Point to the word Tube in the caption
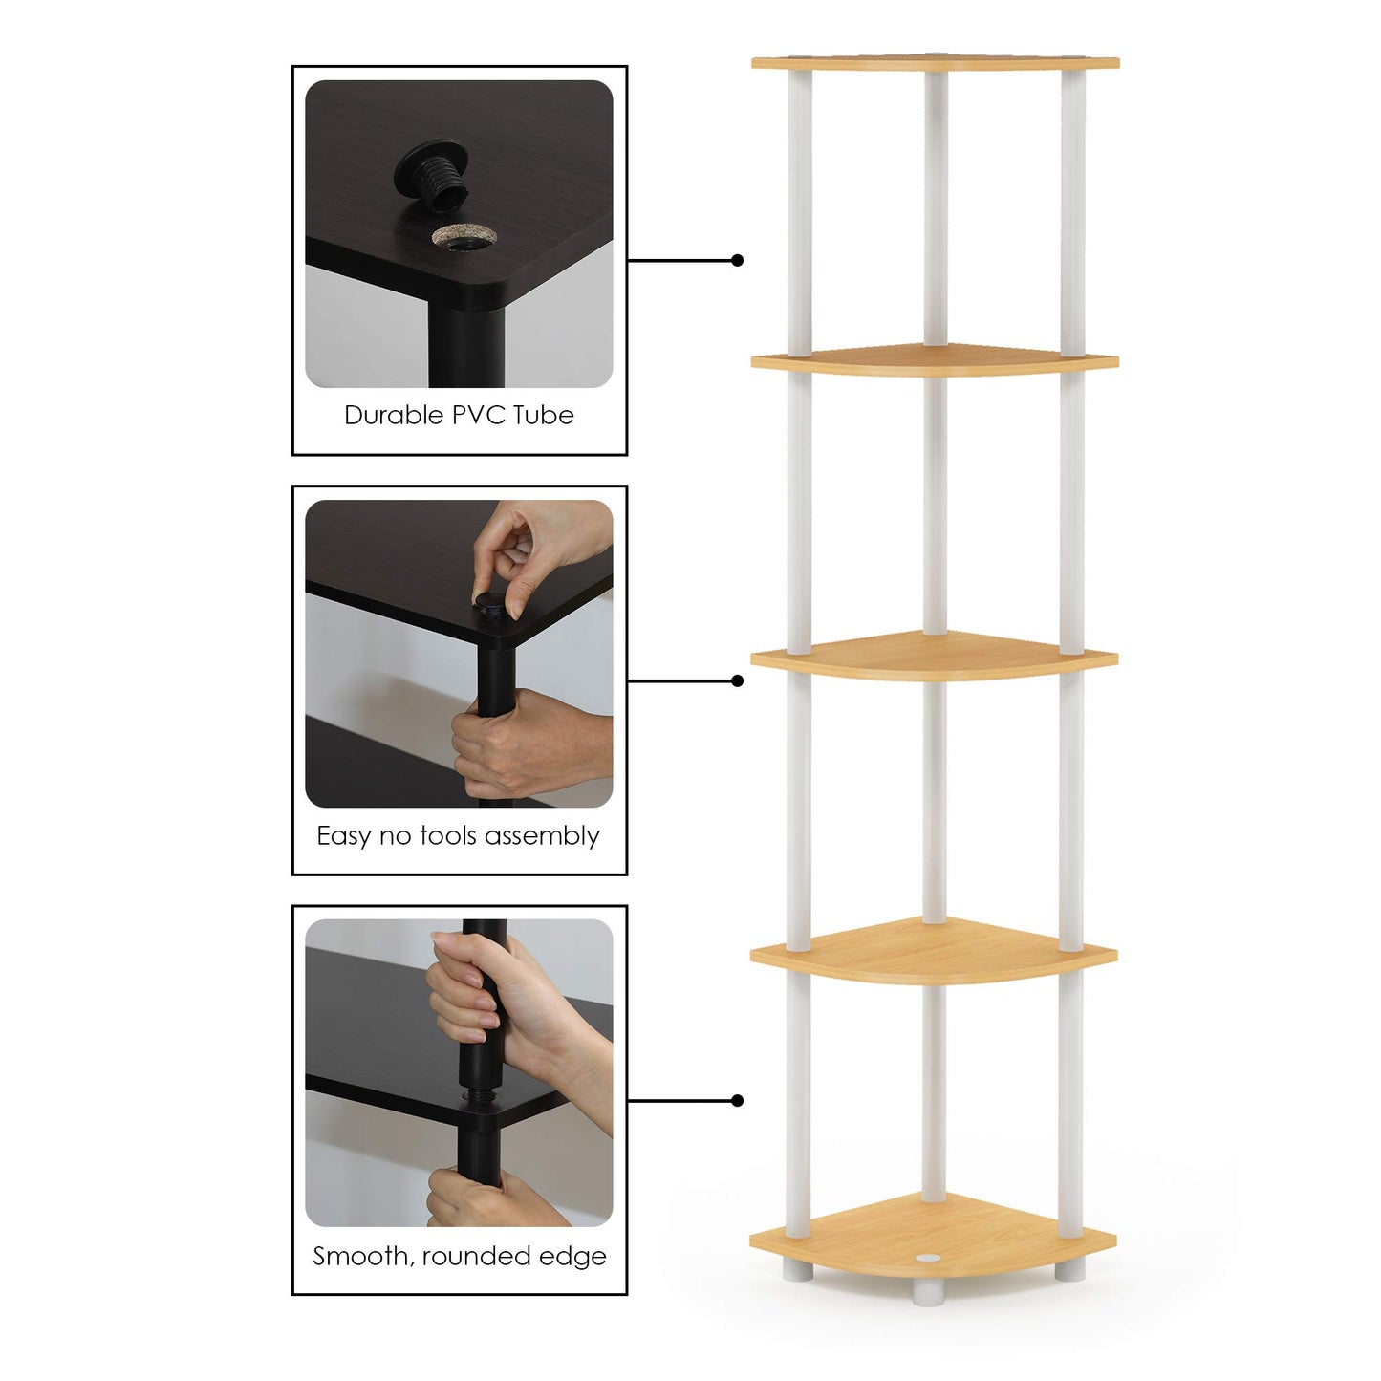pyautogui.click(x=543, y=416)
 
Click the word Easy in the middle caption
pyautogui.click(x=343, y=836)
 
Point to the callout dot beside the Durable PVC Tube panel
pyautogui.click(x=737, y=260)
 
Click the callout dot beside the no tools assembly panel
pyautogui.click(x=737, y=680)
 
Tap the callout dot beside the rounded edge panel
pyautogui.click(x=737, y=1101)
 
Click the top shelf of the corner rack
pyautogui.click(x=935, y=63)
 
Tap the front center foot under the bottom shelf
pyautogui.click(x=925, y=1292)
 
